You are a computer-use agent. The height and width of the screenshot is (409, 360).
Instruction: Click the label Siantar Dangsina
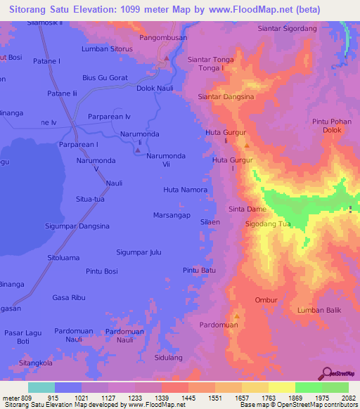click(x=226, y=96)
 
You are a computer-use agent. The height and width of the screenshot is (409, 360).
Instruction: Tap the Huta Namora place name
click(x=185, y=190)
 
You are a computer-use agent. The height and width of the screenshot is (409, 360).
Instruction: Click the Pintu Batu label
click(x=199, y=270)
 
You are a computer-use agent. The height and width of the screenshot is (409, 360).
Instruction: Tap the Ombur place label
click(x=266, y=300)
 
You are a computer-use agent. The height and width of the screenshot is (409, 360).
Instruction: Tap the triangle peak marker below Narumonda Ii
click(x=137, y=151)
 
